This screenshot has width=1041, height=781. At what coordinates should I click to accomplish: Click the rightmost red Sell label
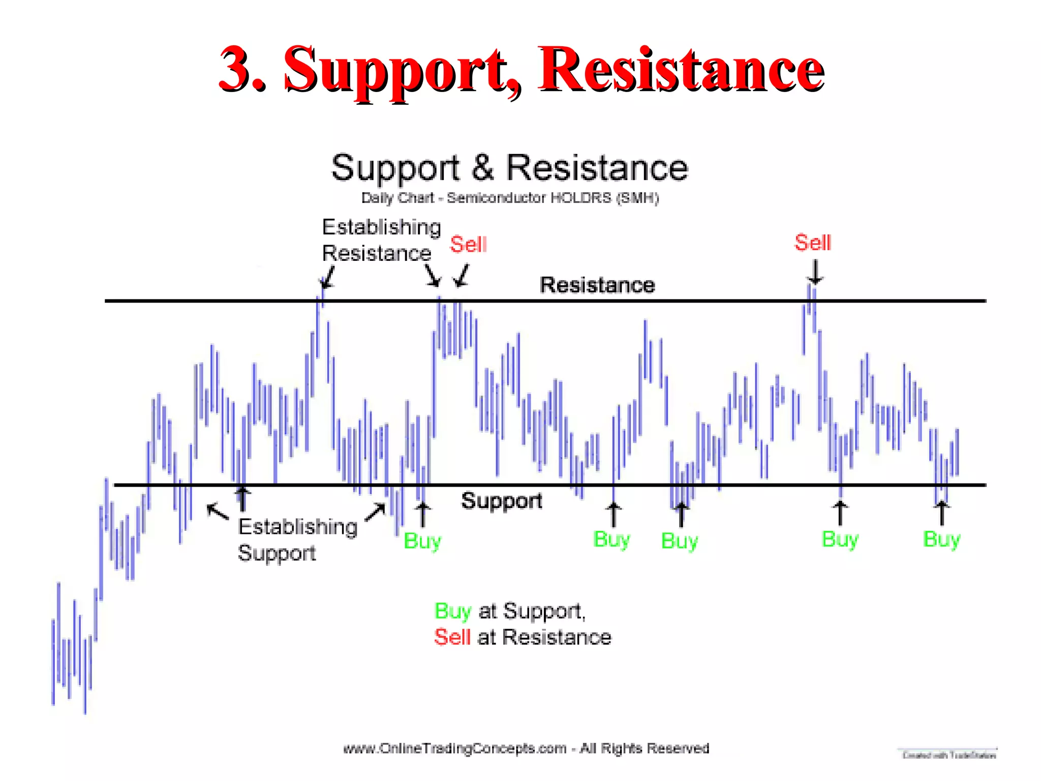coord(812,243)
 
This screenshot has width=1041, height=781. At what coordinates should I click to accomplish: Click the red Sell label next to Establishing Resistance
coord(468,245)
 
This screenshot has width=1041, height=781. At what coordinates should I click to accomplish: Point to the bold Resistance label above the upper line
coord(597,285)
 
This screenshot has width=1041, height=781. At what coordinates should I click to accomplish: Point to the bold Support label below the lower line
coord(501,501)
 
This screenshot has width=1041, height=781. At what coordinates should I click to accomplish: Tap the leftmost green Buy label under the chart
coord(422,541)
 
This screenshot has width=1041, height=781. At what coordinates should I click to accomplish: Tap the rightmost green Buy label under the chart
coord(941,539)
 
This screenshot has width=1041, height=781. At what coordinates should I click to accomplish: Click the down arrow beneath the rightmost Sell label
coord(815,272)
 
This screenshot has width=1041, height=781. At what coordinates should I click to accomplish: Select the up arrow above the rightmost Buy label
coord(941,513)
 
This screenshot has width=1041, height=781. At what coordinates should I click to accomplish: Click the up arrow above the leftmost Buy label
coord(422,515)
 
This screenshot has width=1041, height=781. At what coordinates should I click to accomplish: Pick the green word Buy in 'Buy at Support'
coord(452,611)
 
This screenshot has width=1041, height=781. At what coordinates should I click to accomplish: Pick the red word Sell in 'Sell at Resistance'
coord(452,637)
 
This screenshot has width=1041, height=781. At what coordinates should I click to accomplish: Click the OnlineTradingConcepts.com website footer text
coord(526,748)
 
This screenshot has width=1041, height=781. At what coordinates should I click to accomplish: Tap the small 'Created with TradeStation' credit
coord(948,756)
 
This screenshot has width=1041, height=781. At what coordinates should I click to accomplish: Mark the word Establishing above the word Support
coord(298,527)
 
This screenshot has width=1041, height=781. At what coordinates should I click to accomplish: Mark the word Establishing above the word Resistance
coord(381,227)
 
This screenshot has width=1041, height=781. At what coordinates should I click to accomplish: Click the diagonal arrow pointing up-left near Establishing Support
coord(218,512)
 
